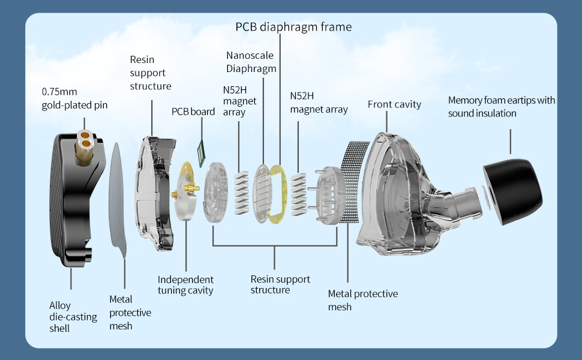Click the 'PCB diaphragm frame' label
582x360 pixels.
[x=293, y=27]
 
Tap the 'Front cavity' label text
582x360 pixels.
[x=394, y=104]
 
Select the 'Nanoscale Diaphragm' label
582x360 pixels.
[x=251, y=62]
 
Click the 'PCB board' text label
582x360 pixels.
[x=193, y=112]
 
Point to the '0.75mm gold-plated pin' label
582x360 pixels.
[x=74, y=98]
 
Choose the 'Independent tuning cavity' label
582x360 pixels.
[x=185, y=284]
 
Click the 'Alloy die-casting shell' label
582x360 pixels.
[x=73, y=317]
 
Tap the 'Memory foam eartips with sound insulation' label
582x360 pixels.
[x=502, y=107]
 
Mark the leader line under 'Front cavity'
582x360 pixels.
[x=386, y=122]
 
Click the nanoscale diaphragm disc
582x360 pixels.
[x=262, y=193]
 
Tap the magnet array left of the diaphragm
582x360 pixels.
[x=241, y=193]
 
